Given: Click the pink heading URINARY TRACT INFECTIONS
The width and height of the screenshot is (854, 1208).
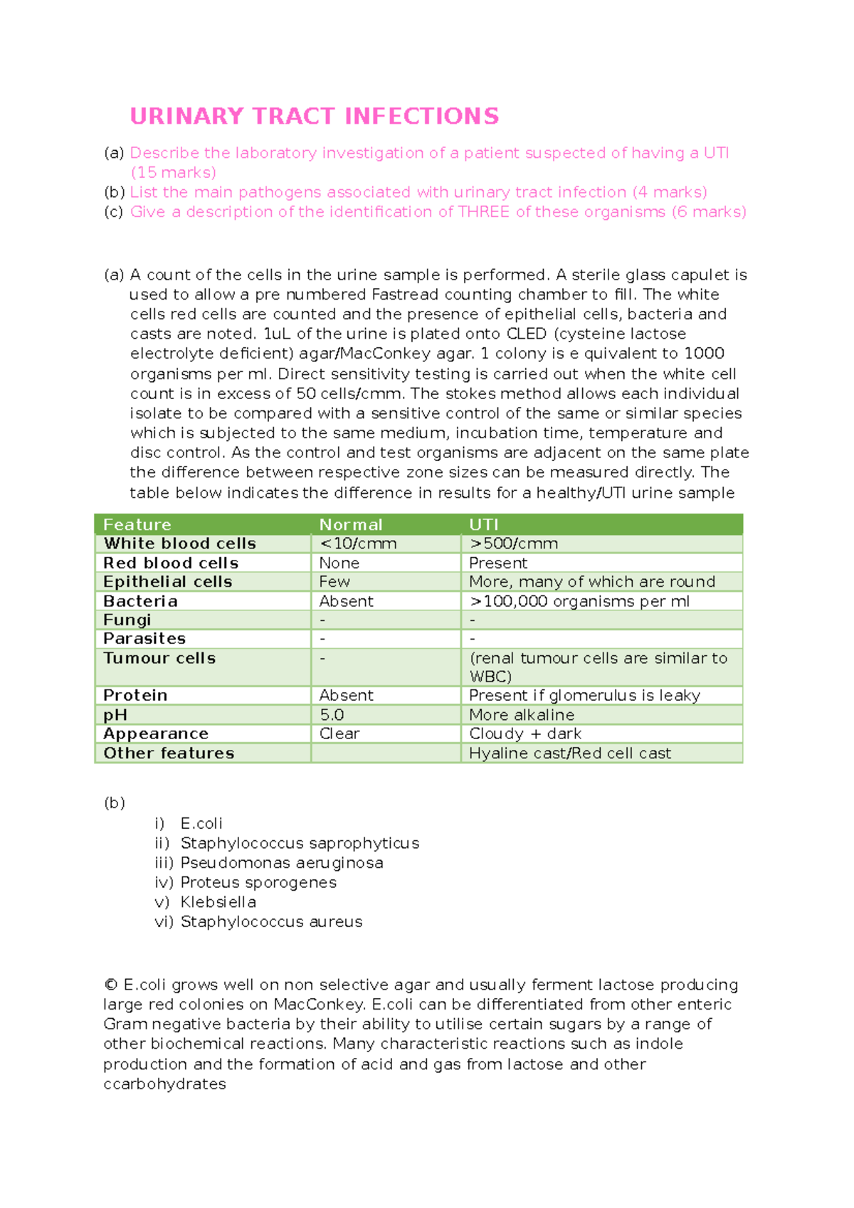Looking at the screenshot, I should pyautogui.click(x=314, y=116).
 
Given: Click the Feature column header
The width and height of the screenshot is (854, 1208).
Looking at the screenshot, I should pyautogui.click(x=137, y=524).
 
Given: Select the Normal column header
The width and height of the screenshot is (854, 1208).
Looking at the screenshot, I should pyautogui.click(x=350, y=524).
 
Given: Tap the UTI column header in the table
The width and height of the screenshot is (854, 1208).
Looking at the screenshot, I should pyautogui.click(x=483, y=524).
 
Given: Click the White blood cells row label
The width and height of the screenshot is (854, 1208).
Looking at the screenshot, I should pyautogui.click(x=179, y=544).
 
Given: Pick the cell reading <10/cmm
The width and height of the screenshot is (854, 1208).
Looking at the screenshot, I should pyautogui.click(x=358, y=544).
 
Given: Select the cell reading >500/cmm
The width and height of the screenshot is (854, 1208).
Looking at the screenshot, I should pyautogui.click(x=513, y=544).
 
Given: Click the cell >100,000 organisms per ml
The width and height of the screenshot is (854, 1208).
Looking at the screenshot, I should pyautogui.click(x=579, y=601).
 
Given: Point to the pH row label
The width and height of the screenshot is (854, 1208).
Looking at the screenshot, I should pyautogui.click(x=115, y=715).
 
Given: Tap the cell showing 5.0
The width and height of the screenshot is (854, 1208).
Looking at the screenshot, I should pyautogui.click(x=332, y=715).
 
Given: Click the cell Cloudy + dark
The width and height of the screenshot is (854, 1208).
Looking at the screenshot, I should pyautogui.click(x=525, y=733).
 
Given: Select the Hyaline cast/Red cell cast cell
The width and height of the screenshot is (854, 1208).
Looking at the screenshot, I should pyautogui.click(x=569, y=753).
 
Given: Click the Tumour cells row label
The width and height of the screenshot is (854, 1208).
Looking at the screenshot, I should pyautogui.click(x=159, y=658).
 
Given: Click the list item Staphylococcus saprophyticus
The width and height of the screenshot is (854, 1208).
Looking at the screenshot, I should pyautogui.click(x=300, y=843).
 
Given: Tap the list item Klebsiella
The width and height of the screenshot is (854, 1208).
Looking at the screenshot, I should pyautogui.click(x=218, y=902).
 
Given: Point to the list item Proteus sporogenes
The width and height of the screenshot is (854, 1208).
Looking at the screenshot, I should pyautogui.click(x=258, y=882).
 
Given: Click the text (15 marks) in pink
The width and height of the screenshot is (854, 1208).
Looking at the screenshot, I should pyautogui.click(x=173, y=173).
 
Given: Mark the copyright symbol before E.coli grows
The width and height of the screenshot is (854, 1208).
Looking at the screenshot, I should pyautogui.click(x=110, y=985).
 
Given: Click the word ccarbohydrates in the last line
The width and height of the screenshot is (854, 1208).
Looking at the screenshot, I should pyautogui.click(x=164, y=1084).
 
